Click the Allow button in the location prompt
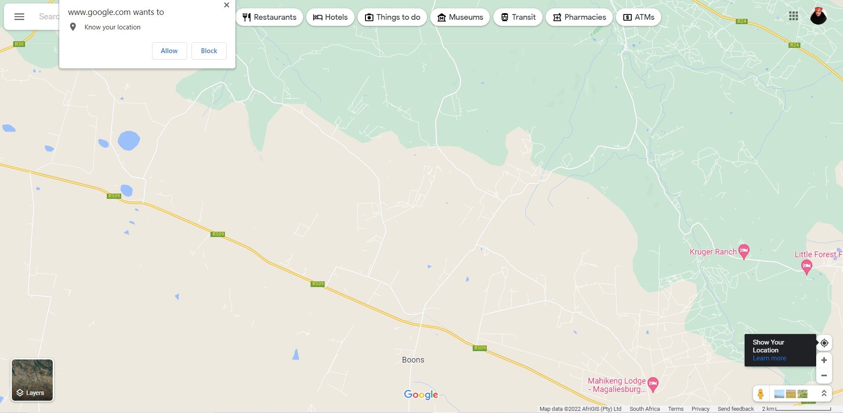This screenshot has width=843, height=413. [x=169, y=51]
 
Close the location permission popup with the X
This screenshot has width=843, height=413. [x=226, y=5]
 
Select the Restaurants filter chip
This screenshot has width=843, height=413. [x=269, y=17]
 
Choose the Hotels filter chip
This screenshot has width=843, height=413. [x=330, y=17]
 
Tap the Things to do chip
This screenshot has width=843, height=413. [x=392, y=17]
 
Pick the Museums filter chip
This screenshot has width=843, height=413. [x=460, y=17]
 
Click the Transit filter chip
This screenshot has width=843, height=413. [x=518, y=17]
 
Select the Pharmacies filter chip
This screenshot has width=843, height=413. [x=579, y=17]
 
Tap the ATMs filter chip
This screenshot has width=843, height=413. [x=638, y=17]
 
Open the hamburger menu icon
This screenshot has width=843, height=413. [x=19, y=17]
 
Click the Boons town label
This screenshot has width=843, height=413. [x=413, y=360]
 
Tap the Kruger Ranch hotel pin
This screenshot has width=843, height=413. [x=743, y=251]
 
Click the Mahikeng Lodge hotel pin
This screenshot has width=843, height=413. [x=653, y=384]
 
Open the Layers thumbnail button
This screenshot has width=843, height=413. [x=32, y=380]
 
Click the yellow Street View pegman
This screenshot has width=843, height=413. [x=760, y=394]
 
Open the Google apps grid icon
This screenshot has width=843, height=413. [x=793, y=16]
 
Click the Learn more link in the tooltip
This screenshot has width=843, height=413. [x=769, y=358]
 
